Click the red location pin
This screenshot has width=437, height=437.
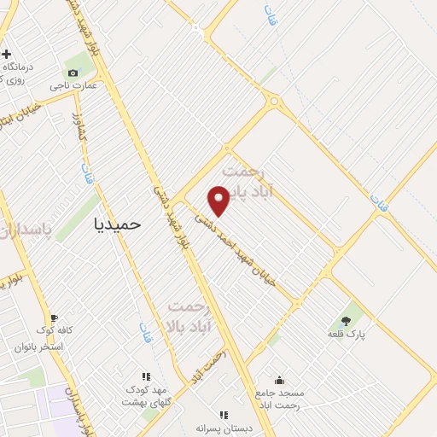point(219,200)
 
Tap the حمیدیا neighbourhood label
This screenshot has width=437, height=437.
point(117,223)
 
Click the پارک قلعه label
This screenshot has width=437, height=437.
point(347,334)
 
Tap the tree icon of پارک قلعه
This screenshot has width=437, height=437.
point(346,320)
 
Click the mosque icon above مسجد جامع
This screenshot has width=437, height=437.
point(279,381)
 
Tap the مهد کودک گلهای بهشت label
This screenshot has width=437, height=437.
point(147,395)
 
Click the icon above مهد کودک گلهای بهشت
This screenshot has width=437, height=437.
point(146,376)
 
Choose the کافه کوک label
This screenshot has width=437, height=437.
point(54,329)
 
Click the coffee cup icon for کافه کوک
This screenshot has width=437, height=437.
point(54,317)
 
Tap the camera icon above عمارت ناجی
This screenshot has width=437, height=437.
point(73,73)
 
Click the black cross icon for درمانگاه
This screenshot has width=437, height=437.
point(6,54)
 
